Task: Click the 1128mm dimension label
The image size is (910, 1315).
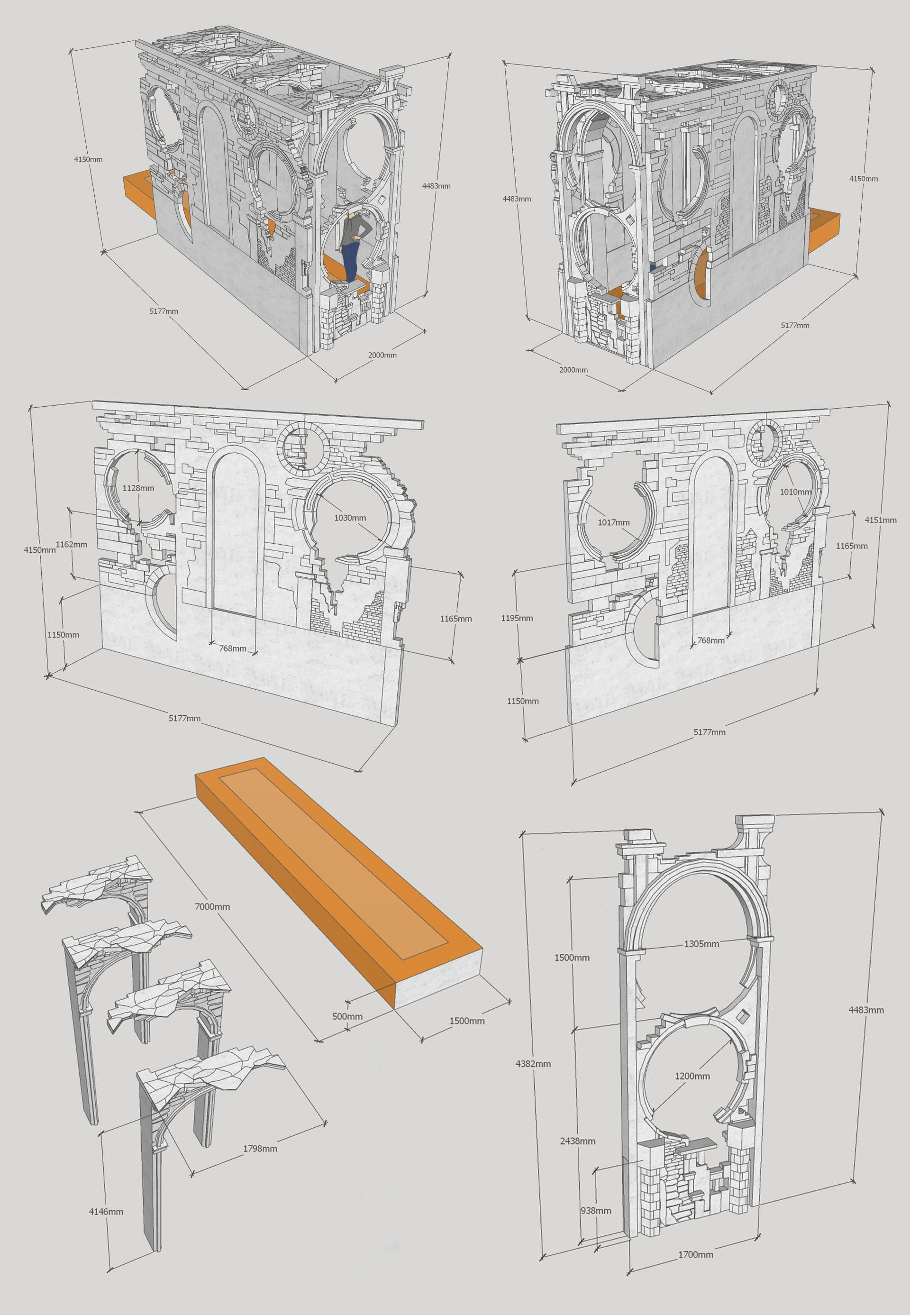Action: coord(138,488)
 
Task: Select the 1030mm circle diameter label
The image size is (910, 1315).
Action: coord(350,518)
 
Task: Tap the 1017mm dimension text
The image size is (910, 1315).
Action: coord(613,522)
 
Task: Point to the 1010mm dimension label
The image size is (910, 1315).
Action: coord(795,492)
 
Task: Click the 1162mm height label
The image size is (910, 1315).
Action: coord(71,544)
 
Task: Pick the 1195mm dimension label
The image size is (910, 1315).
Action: coord(517,618)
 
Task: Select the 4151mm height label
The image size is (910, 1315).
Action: coord(880,520)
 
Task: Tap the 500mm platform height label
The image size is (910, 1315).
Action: coord(347,1016)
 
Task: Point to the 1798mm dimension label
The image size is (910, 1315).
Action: coord(260,1149)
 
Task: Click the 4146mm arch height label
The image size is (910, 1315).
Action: coord(106,1211)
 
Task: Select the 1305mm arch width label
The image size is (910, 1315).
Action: coord(701,944)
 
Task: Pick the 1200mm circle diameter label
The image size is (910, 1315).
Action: coord(692,1076)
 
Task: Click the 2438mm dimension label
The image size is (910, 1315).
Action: coord(578,1141)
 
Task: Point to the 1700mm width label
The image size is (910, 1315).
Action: coord(696,1270)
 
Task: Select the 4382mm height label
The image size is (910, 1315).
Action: coord(533,1063)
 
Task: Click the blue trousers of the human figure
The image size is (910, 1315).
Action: coord(350,261)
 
